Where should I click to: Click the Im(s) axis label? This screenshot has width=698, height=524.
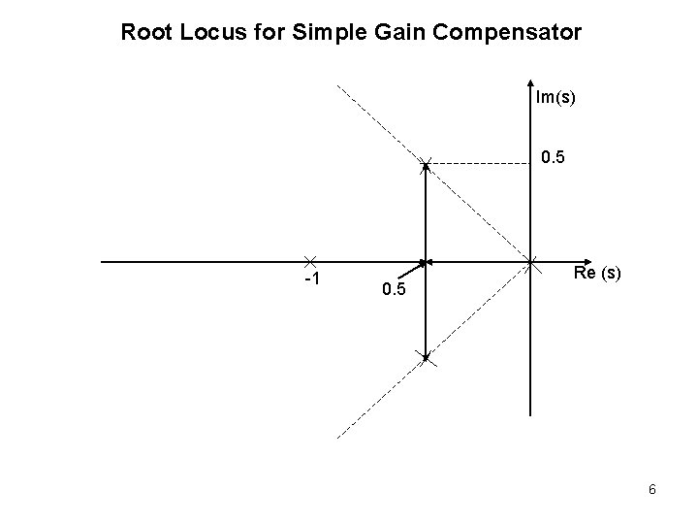[555, 96]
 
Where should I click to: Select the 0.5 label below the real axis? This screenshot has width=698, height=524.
[395, 290]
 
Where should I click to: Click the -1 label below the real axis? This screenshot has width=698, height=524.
[312, 281]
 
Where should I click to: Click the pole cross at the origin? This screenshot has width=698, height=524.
[532, 262]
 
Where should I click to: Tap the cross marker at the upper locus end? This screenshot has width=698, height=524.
[427, 162]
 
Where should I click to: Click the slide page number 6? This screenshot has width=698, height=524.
[652, 490]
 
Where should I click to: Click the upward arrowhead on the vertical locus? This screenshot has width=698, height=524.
[427, 170]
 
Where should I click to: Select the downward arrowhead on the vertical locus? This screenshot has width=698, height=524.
[427, 353]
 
